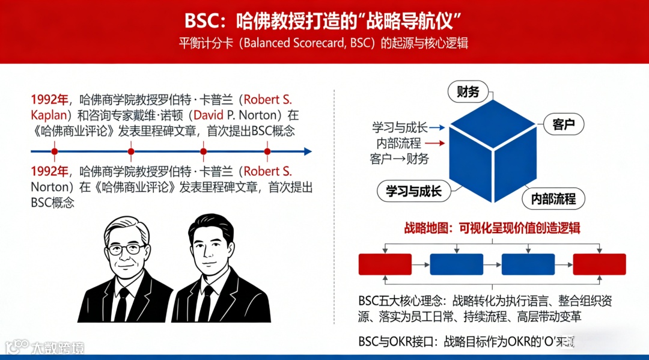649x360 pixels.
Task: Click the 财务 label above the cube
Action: click(x=468, y=92)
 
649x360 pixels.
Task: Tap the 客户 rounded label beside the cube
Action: click(x=563, y=125)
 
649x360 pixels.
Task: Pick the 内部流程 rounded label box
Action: click(x=553, y=198)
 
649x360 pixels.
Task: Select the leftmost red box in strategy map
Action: click(x=385, y=264)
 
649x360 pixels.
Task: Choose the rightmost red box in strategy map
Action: click(x=599, y=264)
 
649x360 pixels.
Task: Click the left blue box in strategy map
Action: click(x=456, y=264)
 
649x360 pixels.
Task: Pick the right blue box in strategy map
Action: click(x=528, y=264)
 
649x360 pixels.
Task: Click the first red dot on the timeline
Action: click(x=55, y=151)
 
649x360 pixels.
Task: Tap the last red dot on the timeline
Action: click(x=267, y=151)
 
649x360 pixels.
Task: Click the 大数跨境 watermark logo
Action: click(x=45, y=347)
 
